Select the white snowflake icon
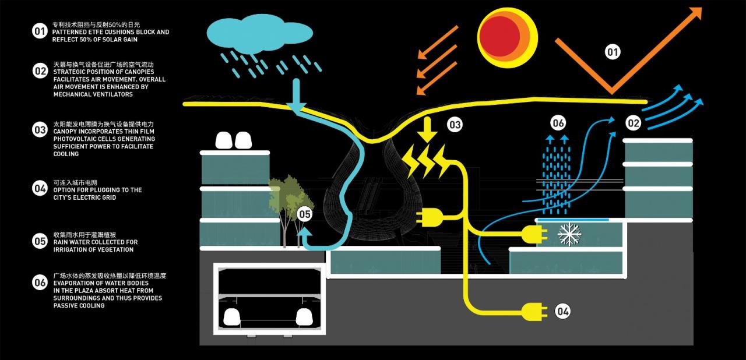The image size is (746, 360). tap(569, 234)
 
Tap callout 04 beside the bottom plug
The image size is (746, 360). tap(562, 311)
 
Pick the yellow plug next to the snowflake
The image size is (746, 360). tap(533, 235)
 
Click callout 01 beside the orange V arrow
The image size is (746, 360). tap(613, 53)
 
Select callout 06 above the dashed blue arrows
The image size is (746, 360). tap(558, 123)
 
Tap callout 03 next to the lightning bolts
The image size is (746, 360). tap(455, 124)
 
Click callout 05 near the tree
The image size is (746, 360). tap(305, 214)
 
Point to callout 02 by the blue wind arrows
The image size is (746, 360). tap(633, 123)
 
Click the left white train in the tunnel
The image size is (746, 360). tap(233, 317)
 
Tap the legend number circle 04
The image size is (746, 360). tap(40, 188)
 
